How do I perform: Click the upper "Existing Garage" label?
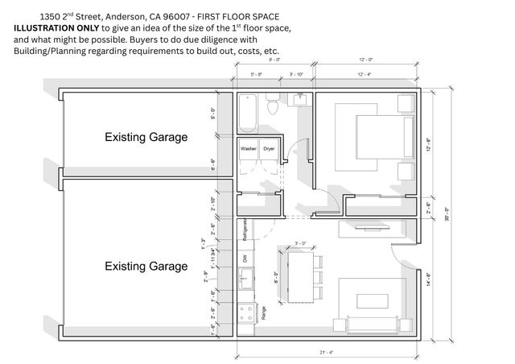point(146,137)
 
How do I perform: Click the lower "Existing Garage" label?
point(146,266)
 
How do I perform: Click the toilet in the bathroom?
point(273,105)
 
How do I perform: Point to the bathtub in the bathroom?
point(247,112)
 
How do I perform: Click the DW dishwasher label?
point(244,259)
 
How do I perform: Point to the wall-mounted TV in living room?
point(367,228)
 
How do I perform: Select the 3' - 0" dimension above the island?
point(300,243)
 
